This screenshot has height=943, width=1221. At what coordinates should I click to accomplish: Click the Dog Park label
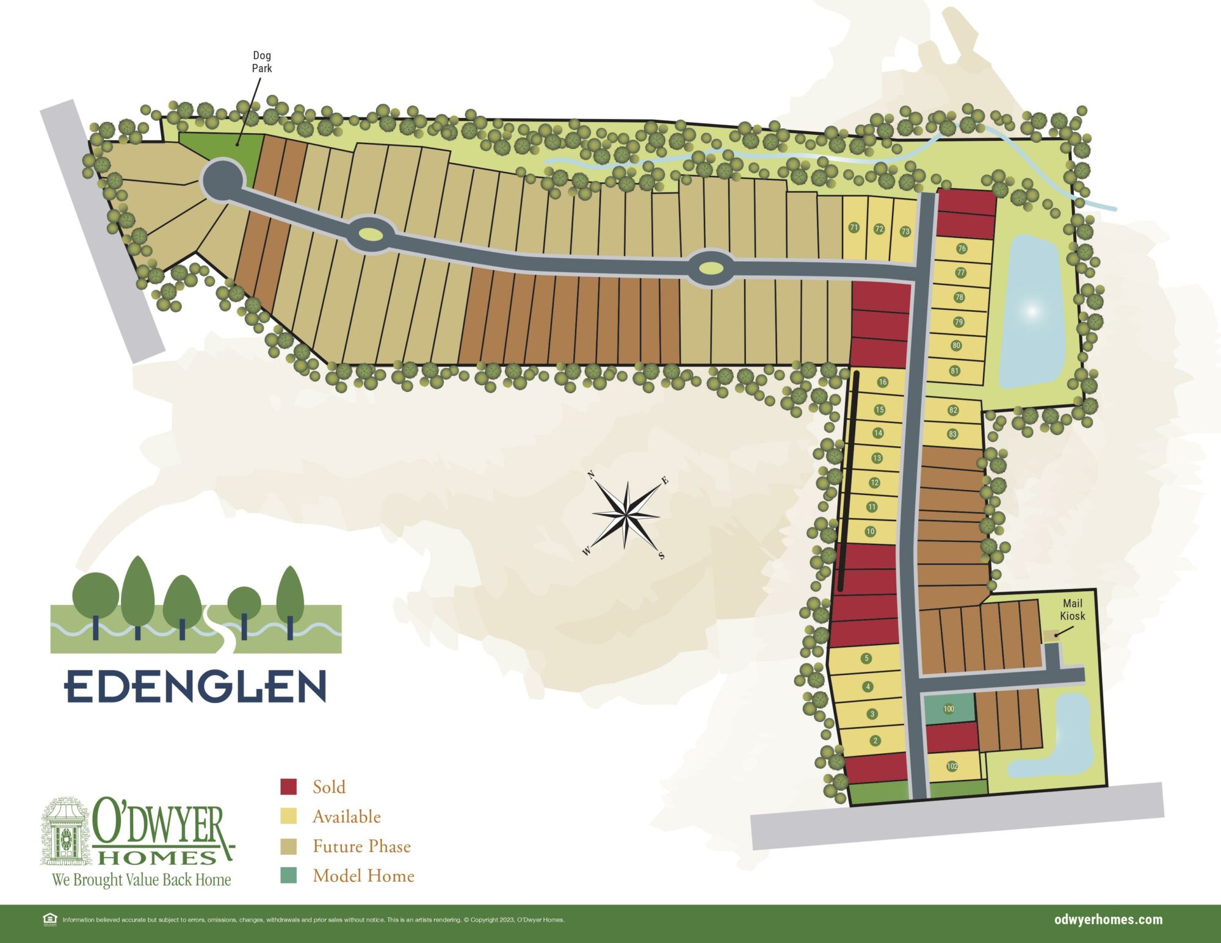[262, 62]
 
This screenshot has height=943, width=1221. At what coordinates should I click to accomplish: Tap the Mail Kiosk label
[1072, 610]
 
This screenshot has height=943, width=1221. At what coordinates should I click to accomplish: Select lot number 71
[854, 228]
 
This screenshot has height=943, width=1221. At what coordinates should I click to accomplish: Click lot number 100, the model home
[949, 709]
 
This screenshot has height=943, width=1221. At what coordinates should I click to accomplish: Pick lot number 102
[952, 766]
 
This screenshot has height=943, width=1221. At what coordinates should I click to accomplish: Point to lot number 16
[882, 382]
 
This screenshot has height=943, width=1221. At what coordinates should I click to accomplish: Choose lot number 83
[952, 434]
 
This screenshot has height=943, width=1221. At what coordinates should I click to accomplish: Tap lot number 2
[875, 740]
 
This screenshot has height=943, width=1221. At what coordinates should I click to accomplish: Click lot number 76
[962, 248]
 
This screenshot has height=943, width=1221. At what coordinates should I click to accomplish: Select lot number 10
[871, 532]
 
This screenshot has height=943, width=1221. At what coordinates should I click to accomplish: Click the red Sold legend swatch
[289, 787]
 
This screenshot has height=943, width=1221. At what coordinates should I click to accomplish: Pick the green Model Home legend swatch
[289, 875]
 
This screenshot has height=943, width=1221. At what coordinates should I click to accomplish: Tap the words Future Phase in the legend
[361, 846]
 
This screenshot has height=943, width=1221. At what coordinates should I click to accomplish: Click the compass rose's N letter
[591, 475]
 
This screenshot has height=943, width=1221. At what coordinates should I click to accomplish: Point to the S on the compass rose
[661, 556]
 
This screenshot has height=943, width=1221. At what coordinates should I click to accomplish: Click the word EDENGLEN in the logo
[195, 686]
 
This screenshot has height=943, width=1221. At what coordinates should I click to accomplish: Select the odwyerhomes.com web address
[1108, 920]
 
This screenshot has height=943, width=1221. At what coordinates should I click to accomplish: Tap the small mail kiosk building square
[1050, 635]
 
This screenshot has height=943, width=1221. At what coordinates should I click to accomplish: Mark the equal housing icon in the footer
[50, 919]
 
